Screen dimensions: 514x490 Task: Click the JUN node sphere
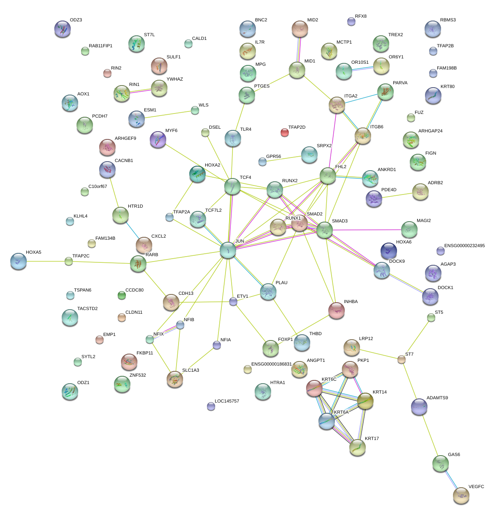coord(228,250)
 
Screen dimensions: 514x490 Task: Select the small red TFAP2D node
coord(285,132)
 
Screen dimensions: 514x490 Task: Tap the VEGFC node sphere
coord(461,495)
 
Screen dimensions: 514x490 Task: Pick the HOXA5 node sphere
coord(18,261)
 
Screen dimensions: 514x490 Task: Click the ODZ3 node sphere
coord(62,29)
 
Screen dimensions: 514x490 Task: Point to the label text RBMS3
coord(448,20)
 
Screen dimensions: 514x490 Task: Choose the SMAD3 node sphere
coord(324,230)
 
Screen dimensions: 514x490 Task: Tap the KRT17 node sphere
coord(357,447)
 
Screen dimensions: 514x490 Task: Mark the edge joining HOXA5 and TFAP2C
coord(43,261)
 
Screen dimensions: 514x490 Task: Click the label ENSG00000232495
coord(464,246)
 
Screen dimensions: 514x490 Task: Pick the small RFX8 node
coord(351,21)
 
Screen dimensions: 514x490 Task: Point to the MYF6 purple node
coord(158,139)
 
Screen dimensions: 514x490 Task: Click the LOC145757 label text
coord(227,401)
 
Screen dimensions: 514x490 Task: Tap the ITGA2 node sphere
coord(337,105)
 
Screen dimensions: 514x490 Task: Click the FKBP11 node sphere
coord(129,361)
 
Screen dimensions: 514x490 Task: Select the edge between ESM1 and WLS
coord(170,115)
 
